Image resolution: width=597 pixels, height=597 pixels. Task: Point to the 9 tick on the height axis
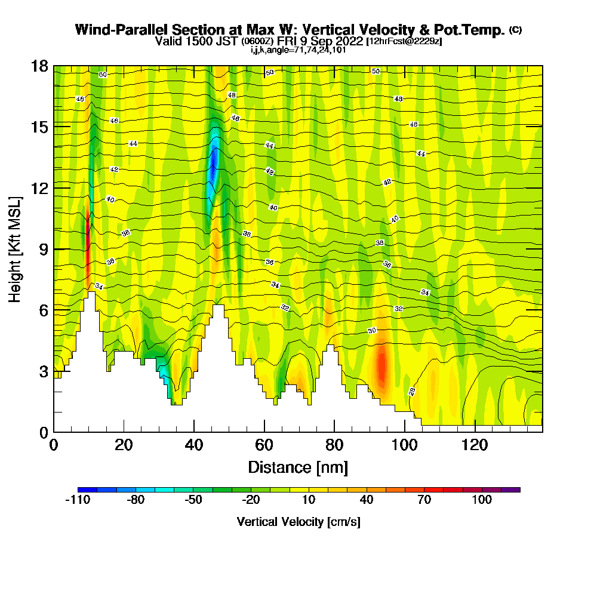54,249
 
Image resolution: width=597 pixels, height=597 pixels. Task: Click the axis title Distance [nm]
298,467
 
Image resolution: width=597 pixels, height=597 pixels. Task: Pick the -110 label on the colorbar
78,500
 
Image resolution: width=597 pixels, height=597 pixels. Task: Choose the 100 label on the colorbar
482,500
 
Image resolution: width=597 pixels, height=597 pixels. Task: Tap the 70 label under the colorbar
424,500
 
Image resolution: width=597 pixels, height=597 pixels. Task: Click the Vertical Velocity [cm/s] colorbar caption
298,522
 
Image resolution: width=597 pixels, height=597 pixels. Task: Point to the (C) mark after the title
515,30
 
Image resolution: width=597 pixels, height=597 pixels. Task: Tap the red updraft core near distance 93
381,367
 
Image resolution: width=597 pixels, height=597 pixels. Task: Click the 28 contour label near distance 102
412,392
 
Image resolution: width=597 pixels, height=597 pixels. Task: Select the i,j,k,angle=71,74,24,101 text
298,50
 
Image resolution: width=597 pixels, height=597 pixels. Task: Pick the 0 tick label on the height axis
44,432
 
